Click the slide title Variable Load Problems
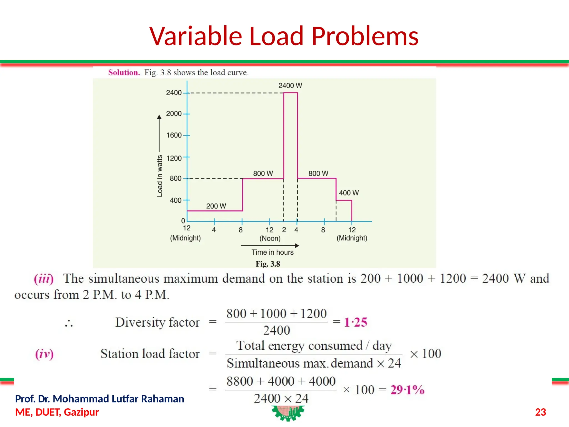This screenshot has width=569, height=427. (x=284, y=36)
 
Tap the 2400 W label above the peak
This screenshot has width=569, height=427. (x=290, y=86)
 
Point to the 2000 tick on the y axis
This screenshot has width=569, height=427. (x=174, y=114)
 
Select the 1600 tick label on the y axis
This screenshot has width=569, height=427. (x=174, y=135)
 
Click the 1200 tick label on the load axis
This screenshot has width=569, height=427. (x=174, y=158)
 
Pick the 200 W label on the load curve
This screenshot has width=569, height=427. (x=216, y=206)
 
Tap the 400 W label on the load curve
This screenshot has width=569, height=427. (x=349, y=193)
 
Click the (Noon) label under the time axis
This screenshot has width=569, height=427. (x=270, y=238)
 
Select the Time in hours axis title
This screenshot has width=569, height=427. (x=272, y=252)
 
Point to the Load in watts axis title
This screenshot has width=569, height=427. (x=159, y=176)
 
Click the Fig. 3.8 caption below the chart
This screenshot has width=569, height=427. (x=268, y=264)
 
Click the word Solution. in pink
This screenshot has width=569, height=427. (x=124, y=73)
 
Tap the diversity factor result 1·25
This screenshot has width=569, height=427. (x=356, y=322)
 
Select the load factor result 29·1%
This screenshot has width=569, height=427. (x=407, y=390)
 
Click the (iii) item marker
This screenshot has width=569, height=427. (x=44, y=279)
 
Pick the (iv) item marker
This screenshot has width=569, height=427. (x=44, y=354)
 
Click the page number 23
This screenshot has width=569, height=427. (x=540, y=412)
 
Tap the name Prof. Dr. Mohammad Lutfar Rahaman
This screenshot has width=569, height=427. (x=99, y=399)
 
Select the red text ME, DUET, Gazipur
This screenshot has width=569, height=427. (x=57, y=412)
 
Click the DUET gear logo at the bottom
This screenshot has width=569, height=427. (x=288, y=413)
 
